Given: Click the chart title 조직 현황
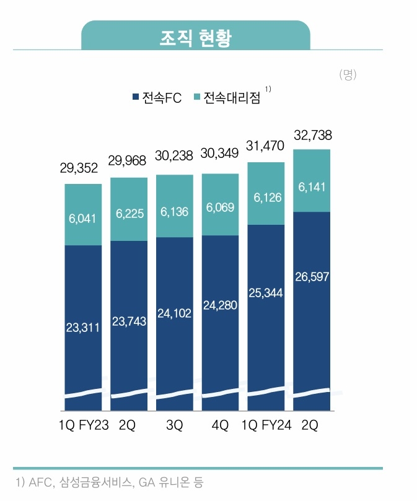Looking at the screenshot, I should coord(195,38).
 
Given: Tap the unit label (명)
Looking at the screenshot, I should coord(348,75).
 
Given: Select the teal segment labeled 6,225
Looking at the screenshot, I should coord(129,212).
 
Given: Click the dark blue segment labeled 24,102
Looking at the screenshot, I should coord(175,314).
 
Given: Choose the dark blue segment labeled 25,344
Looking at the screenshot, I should coord(266,292).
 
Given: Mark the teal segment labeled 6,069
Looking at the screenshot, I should coord(220,207).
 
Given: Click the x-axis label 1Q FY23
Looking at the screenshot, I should coord(83,427).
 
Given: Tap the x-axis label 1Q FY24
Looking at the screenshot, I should coord(266,427).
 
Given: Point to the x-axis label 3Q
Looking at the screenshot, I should coord(175,427).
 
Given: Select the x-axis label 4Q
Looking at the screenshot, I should coord(220,427).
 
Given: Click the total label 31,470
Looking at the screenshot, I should coord(266,147).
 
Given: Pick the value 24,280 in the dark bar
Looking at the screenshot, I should coord(220,306).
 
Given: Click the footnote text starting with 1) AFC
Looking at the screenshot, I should coord(108,482).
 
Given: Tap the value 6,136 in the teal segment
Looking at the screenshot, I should coord(175,211).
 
